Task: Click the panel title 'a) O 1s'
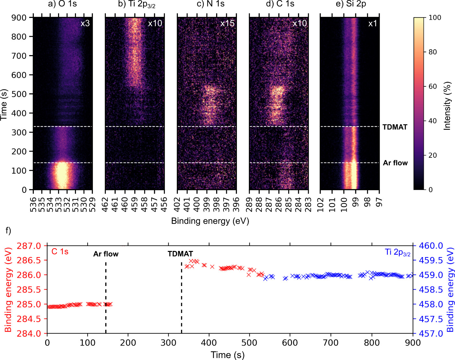click(62, 4)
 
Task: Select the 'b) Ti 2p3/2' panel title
click(136, 5)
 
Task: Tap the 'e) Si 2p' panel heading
click(351, 4)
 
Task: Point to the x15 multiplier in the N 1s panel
click(227, 23)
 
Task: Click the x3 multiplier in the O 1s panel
click(85, 23)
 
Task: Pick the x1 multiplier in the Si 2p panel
click(373, 23)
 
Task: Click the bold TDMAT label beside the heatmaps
click(395, 127)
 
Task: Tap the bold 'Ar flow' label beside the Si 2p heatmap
click(395, 163)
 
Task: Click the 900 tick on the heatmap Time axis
click(19, 18)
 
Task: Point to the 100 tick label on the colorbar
click(435, 18)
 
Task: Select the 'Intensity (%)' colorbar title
click(448, 106)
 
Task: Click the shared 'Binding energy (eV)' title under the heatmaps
click(210, 221)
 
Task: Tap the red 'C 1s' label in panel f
click(60, 252)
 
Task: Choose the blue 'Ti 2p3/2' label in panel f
click(398, 252)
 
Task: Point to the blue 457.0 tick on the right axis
click(431, 334)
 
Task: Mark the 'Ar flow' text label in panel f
click(106, 254)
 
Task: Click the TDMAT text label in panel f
click(180, 254)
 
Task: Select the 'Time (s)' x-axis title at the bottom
click(228, 355)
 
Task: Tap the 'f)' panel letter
click(8, 230)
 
